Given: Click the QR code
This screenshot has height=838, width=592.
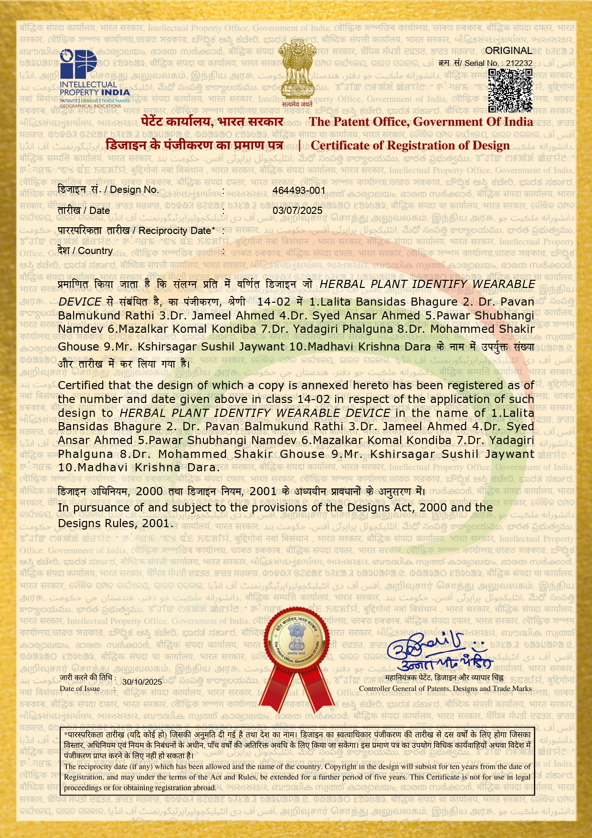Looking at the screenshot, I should click(510, 90).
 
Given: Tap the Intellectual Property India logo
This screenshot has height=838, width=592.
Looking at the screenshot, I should click(95, 79).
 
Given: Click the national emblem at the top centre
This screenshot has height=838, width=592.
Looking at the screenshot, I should click(296, 72).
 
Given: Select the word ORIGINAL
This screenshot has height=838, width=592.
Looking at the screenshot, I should click(508, 51).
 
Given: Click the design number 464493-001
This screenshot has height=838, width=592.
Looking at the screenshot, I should click(299, 191).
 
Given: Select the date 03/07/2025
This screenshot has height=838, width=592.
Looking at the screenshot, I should click(297, 211).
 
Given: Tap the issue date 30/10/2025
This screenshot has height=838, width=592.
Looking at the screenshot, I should click(142, 682).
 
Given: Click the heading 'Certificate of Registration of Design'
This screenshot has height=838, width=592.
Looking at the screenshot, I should click(410, 146).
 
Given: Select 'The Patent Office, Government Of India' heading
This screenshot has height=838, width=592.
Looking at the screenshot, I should click(421, 122).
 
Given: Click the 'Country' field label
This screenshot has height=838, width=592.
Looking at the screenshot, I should click(95, 251).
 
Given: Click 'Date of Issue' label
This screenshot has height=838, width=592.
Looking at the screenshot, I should click(80, 689).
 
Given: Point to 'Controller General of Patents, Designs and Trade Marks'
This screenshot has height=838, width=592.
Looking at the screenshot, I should click(445, 689).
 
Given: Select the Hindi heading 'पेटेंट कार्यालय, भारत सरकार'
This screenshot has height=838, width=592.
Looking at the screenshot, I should click(212, 122).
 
